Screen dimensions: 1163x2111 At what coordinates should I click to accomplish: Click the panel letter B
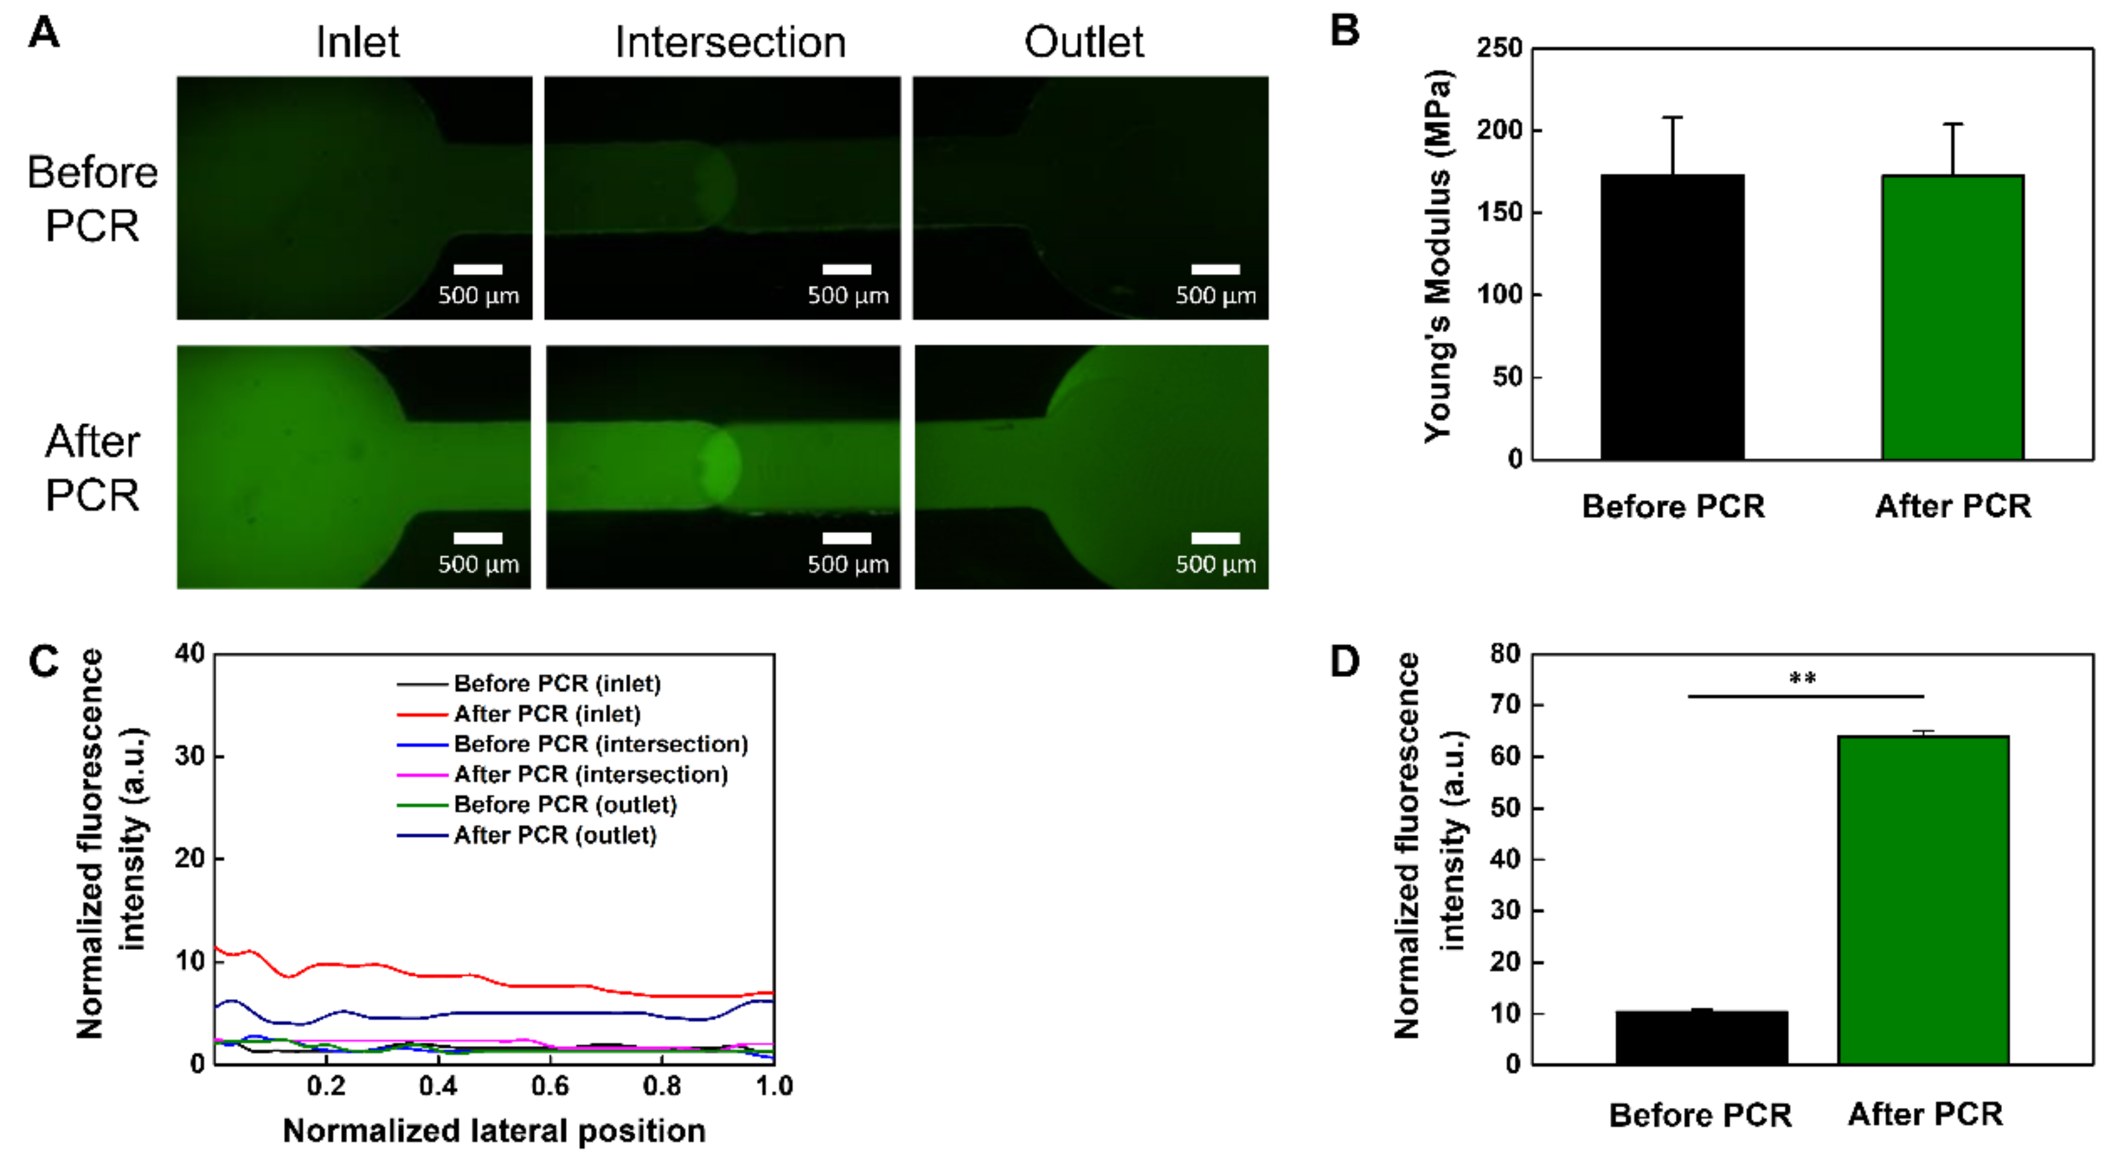(1344, 31)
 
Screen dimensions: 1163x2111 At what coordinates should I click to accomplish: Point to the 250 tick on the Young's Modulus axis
(1499, 48)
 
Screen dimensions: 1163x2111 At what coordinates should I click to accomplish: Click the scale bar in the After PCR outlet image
(1215, 537)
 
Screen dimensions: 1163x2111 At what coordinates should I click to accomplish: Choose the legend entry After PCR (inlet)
(547, 714)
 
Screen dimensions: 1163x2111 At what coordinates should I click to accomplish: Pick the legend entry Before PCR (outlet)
(564, 804)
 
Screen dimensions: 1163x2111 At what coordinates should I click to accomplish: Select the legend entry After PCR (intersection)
(590, 774)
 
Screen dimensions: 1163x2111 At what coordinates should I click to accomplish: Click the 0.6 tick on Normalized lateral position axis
(550, 1086)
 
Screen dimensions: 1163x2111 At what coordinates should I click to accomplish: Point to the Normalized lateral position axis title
(494, 1131)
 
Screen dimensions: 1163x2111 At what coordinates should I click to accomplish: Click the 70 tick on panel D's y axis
(1505, 705)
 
